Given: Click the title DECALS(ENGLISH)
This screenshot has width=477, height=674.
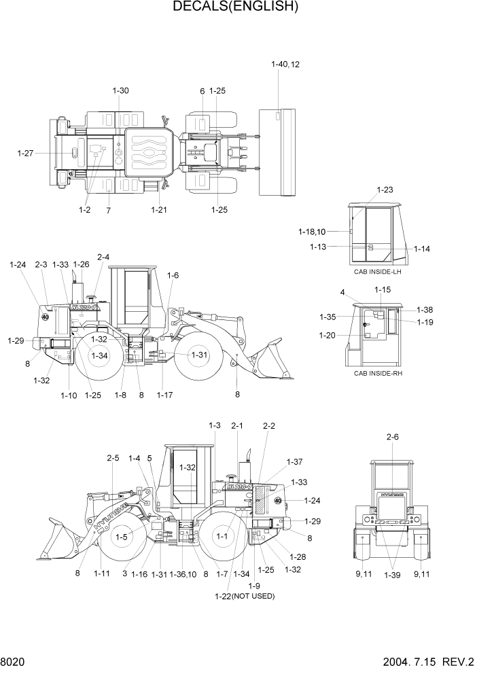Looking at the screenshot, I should [x=236, y=7].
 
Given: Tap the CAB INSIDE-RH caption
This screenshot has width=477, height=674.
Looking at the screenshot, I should [x=378, y=373].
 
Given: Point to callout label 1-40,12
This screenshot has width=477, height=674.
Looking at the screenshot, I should [x=285, y=65].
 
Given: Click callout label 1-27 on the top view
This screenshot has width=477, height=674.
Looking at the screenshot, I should [x=25, y=154].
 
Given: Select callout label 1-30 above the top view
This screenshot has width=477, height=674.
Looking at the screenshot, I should [x=120, y=90].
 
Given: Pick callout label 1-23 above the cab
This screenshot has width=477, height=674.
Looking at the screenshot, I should [x=385, y=190].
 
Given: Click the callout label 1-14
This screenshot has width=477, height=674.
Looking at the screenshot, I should [x=421, y=249].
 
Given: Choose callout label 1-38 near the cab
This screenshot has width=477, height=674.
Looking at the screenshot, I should [x=425, y=310].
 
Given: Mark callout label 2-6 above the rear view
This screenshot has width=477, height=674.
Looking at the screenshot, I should [x=392, y=437].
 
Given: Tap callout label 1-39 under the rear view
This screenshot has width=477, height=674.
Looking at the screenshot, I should [x=392, y=575].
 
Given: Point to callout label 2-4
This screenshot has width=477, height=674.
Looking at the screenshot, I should [x=103, y=257].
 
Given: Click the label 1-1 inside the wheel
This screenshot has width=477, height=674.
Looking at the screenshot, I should [x=222, y=536].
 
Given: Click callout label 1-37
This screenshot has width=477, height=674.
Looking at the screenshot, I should [x=294, y=462].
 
